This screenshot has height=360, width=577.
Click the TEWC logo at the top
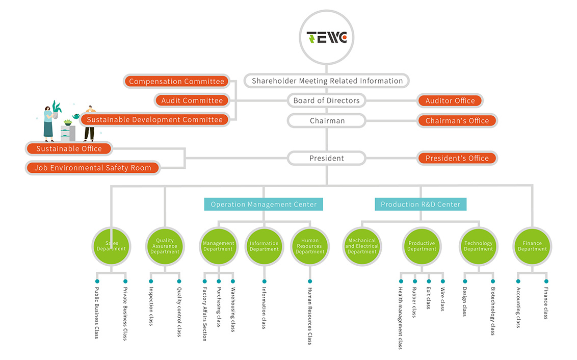coord(327,37)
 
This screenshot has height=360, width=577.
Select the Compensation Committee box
coord(176,82)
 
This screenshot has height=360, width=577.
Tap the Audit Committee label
coord(192,100)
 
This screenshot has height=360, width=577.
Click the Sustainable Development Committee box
coord(154,120)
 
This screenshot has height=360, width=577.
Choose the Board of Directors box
coord(326,100)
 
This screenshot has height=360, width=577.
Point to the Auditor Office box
coord(450,100)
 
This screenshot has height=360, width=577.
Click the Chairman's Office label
coord(457,121)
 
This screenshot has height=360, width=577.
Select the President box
coord(326,158)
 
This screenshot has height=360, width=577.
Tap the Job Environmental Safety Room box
coord(93,168)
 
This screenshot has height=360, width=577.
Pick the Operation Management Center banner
coord(264,204)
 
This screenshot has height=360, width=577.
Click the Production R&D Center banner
coord(421,204)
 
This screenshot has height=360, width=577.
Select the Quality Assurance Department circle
coord(165,246)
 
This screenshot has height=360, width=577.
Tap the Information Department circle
coord(264,246)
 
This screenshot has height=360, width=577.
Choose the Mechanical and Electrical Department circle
coord(362,246)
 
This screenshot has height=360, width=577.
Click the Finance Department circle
coord(532,246)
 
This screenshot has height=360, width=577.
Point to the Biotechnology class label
coord(493,311)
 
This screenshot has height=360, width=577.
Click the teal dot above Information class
coord(264,281)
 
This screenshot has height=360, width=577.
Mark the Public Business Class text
coord(97,313)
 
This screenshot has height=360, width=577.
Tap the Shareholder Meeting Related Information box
coord(327,81)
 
